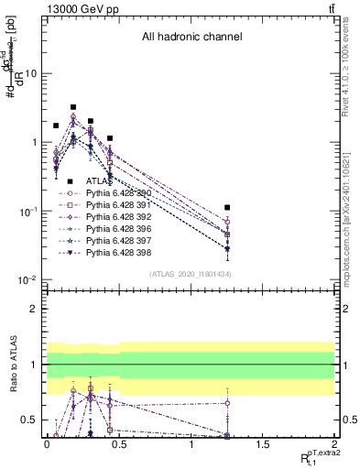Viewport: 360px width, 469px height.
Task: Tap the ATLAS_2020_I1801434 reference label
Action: (191, 275)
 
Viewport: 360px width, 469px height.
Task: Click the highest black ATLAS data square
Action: (73, 107)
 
